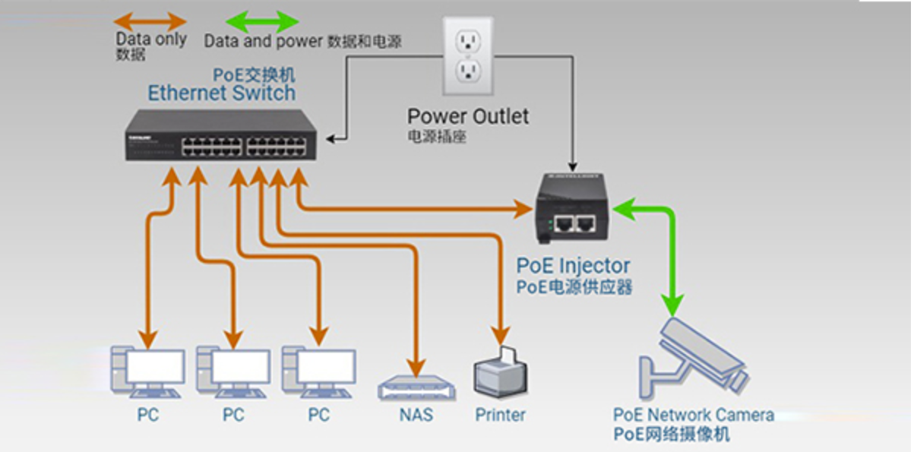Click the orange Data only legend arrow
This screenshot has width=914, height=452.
pos(150,21)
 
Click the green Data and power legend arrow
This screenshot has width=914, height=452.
pos(263,21)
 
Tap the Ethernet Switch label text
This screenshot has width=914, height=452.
pos(221,93)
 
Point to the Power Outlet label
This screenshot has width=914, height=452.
pos(468,117)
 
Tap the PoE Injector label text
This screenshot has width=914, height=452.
pos(574,266)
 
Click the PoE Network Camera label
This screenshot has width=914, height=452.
pos(693,415)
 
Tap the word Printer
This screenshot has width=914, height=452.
pos(500,415)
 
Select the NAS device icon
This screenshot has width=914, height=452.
pos(417,388)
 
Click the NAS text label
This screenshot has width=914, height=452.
pos(416,415)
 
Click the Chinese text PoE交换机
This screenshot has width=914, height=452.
pos(253,75)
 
